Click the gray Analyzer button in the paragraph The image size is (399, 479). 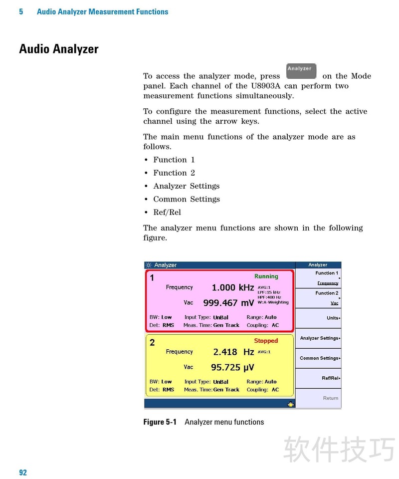[x=301, y=71]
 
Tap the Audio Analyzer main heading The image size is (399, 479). [x=59, y=49]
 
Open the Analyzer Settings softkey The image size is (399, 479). [x=319, y=338]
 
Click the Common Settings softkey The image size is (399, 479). [x=319, y=358]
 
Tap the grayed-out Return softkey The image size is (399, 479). [x=330, y=398]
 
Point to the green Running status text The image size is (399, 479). [x=266, y=276]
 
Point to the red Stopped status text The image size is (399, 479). [x=266, y=341]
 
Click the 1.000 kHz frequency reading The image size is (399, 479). [x=233, y=287]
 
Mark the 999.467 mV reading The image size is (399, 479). [x=228, y=303]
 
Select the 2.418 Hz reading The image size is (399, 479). [x=233, y=352]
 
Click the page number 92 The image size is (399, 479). [x=23, y=473]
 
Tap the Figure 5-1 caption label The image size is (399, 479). [x=160, y=422]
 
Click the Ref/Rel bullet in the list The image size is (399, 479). [x=167, y=212]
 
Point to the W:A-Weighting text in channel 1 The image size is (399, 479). [x=273, y=302]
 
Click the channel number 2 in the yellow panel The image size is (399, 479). [x=152, y=342]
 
